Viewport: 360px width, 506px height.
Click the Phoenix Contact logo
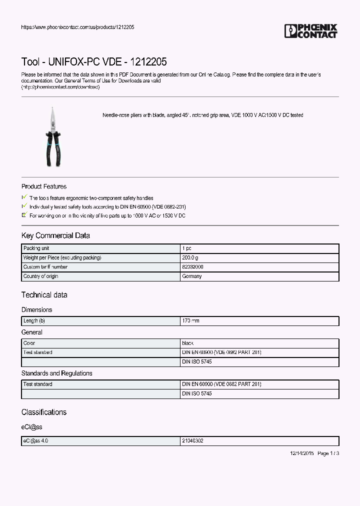pos(310,31)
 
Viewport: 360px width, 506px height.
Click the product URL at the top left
pos(77,27)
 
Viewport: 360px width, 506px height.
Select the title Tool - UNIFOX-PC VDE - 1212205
pos(94,62)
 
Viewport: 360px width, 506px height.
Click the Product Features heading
pos(44,186)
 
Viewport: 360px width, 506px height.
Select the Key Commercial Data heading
pos(55,235)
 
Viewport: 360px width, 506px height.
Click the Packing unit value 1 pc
pos(186,248)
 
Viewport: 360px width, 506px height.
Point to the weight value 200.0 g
pos(190,257)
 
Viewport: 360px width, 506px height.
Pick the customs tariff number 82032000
pos(192,267)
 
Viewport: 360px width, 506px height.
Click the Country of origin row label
pos(40,276)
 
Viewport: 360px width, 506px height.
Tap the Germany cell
pos(192,276)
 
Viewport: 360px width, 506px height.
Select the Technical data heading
pos(44,295)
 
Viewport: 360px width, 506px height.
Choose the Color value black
pos(188,343)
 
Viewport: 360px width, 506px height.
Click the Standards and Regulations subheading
pos(56,373)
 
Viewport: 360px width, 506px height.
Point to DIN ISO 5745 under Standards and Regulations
pos(196,394)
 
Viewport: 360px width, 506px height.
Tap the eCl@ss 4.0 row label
pos(35,441)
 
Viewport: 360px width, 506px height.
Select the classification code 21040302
pos(192,441)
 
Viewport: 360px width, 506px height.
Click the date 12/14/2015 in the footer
pos(302,453)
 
